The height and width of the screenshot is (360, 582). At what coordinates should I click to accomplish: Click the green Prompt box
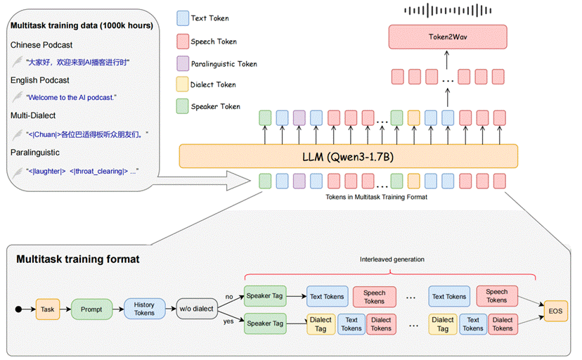(x=91, y=309)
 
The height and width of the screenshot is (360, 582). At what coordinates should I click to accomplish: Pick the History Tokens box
(x=144, y=309)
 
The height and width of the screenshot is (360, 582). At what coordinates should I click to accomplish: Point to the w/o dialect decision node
(x=196, y=309)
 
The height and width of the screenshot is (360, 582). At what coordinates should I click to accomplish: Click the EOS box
(x=556, y=309)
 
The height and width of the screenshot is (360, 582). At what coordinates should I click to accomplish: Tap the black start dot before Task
(x=18, y=309)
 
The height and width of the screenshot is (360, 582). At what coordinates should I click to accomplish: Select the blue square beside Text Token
(x=183, y=18)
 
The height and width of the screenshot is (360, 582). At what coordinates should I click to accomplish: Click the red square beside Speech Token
(x=183, y=41)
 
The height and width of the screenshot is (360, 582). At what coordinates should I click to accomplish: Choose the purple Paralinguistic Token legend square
(x=183, y=63)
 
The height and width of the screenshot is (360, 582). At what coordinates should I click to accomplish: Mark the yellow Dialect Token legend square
(x=183, y=85)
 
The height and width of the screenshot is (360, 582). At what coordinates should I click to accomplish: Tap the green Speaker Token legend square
(x=183, y=107)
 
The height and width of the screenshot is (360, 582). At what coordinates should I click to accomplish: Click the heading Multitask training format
(x=77, y=259)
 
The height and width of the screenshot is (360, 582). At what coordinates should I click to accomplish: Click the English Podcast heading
(x=40, y=80)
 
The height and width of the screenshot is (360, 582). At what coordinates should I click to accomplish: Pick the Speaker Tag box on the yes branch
(x=264, y=323)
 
